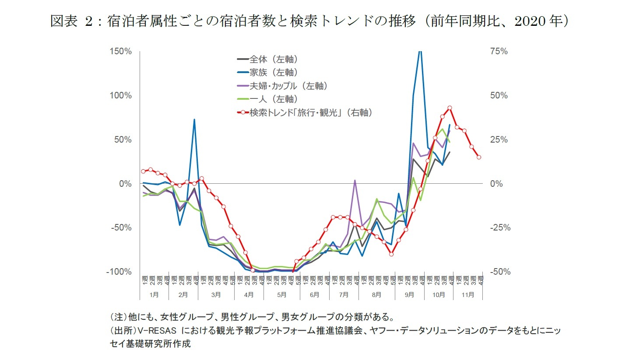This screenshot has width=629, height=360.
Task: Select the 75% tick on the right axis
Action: click(499, 51)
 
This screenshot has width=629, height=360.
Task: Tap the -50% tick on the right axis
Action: click(499, 272)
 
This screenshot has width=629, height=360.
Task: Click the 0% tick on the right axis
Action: click(496, 184)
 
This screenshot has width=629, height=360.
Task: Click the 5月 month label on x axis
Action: click(282, 295)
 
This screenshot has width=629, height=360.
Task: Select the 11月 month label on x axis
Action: click(467, 295)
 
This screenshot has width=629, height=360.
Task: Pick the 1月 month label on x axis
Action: click(154, 295)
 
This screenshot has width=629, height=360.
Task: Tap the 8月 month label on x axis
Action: click(376, 295)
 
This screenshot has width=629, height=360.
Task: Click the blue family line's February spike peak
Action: click(194, 119)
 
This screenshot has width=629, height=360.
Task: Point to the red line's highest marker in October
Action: click(450, 108)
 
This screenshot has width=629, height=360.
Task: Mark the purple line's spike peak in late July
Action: click(355, 180)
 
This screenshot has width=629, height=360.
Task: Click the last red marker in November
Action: click(479, 157)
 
